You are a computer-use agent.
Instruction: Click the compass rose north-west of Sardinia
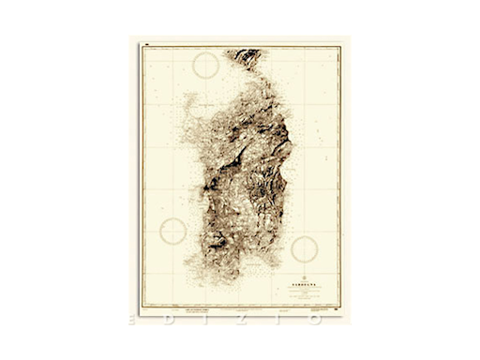pos(205,66)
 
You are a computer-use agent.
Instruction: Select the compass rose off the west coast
pos(173,231)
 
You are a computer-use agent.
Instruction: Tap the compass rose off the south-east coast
pos(304,248)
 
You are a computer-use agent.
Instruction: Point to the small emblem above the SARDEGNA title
pos(297,273)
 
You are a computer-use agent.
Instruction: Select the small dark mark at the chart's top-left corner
pos(147,43)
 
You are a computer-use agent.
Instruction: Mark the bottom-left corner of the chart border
pos(142,305)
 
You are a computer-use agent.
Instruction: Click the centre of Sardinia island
pos(238,173)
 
